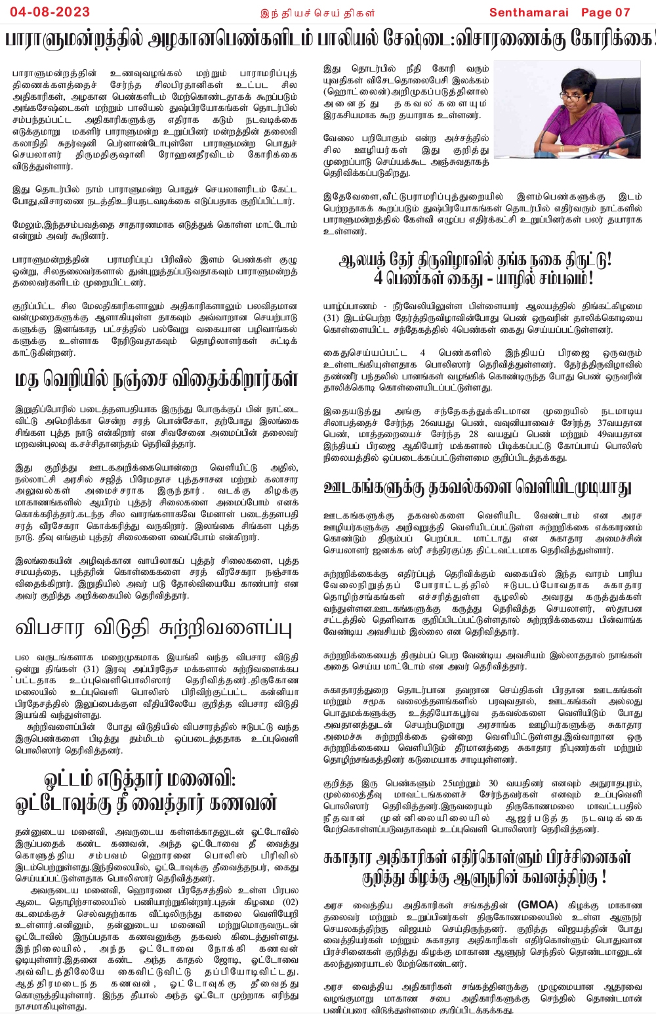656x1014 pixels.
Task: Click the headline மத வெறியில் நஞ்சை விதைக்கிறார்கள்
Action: pyautogui.click(x=156, y=379)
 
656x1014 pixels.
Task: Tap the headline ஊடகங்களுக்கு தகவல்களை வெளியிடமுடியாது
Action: pyautogui.click(x=477, y=487)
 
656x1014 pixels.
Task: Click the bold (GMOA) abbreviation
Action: pyautogui.click(x=537, y=904)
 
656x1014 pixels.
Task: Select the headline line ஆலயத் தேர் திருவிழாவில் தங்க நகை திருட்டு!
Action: pyautogui.click(x=475, y=260)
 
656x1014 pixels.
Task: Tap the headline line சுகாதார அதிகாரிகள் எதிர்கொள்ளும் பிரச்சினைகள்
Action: pyautogui.click(x=477, y=858)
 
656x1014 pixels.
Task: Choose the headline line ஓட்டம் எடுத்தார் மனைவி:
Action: pyautogui.click(x=139, y=780)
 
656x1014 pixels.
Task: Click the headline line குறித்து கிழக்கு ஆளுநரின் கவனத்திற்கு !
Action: pyautogui.click(x=483, y=877)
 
